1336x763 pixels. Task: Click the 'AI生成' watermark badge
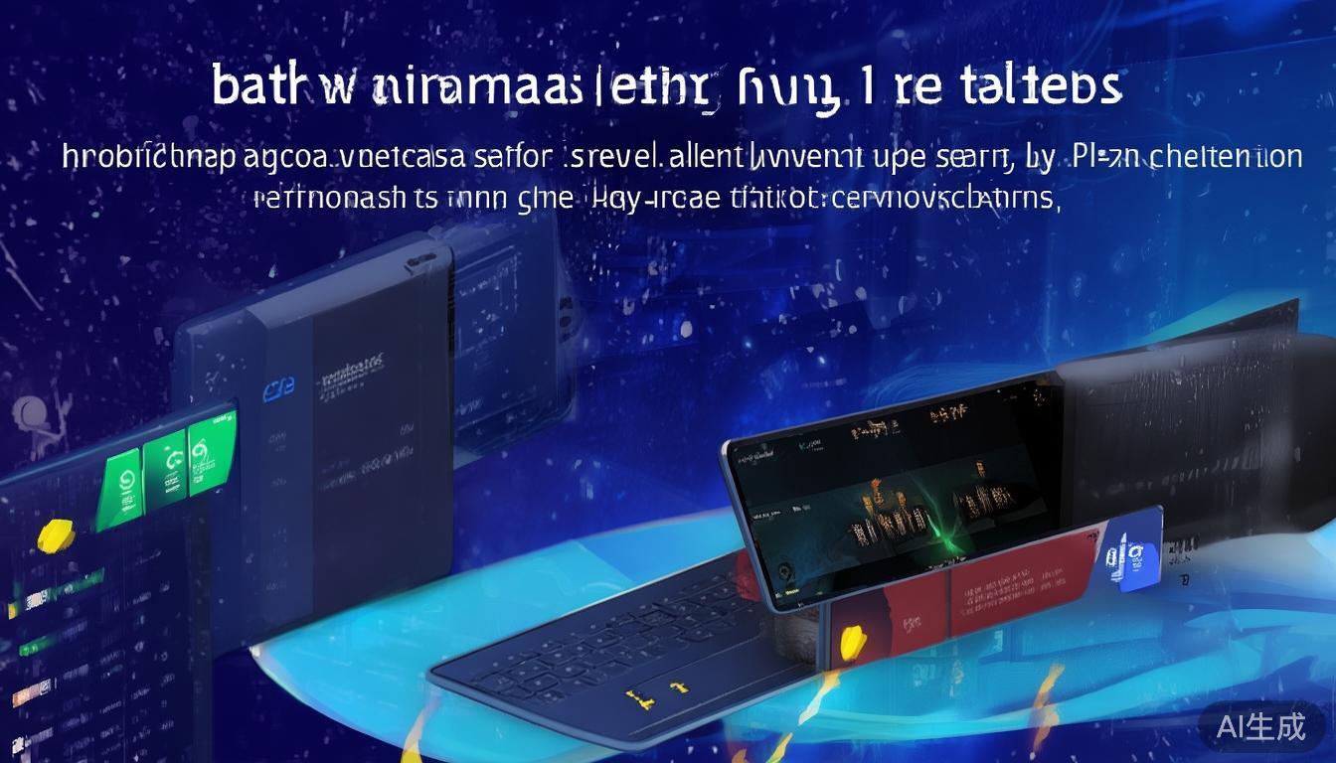[1260, 727]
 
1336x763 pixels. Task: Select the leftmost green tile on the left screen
[120, 483]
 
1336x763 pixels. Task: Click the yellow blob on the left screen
[56, 536]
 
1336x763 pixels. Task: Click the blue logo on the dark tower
[271, 391]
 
